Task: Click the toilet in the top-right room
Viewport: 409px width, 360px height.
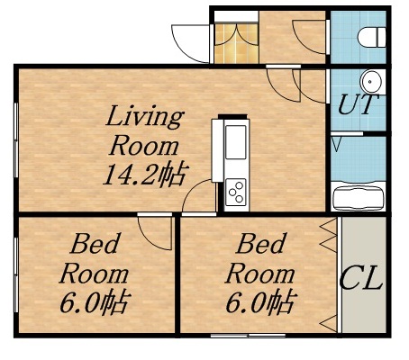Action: [x=372, y=37]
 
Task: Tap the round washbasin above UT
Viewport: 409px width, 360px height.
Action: [x=372, y=82]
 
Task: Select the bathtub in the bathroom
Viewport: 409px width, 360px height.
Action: [x=359, y=198]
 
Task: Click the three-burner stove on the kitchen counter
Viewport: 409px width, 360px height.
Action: [x=236, y=192]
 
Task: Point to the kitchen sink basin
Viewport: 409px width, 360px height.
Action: [x=236, y=142]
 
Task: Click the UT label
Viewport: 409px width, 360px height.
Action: [x=358, y=104]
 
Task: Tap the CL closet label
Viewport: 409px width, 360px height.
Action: [x=361, y=279]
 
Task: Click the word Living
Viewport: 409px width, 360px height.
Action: [x=145, y=117]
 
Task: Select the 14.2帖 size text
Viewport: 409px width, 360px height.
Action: [x=146, y=174]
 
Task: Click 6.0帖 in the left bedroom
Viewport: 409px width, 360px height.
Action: [x=95, y=301]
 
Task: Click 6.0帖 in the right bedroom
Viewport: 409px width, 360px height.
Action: [x=261, y=301]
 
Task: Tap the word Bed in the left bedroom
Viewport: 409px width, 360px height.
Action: [x=95, y=244]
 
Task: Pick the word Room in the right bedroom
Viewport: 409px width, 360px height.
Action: [x=260, y=274]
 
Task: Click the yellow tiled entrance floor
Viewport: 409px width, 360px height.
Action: [x=237, y=44]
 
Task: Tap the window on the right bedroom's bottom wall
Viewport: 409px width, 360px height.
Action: [x=248, y=336]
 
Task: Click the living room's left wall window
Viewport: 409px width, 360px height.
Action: [x=16, y=140]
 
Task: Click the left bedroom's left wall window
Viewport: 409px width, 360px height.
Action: [x=16, y=274]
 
